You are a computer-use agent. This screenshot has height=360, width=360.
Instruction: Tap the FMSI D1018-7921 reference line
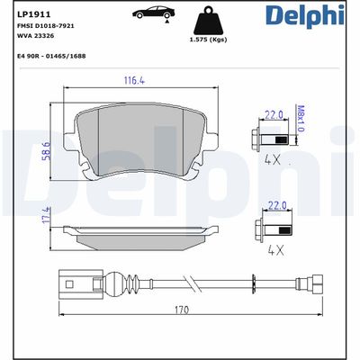coord(45,26)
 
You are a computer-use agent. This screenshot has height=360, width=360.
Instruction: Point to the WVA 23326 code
coord(35,37)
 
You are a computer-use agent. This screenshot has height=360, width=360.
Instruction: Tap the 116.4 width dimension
coord(135,81)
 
